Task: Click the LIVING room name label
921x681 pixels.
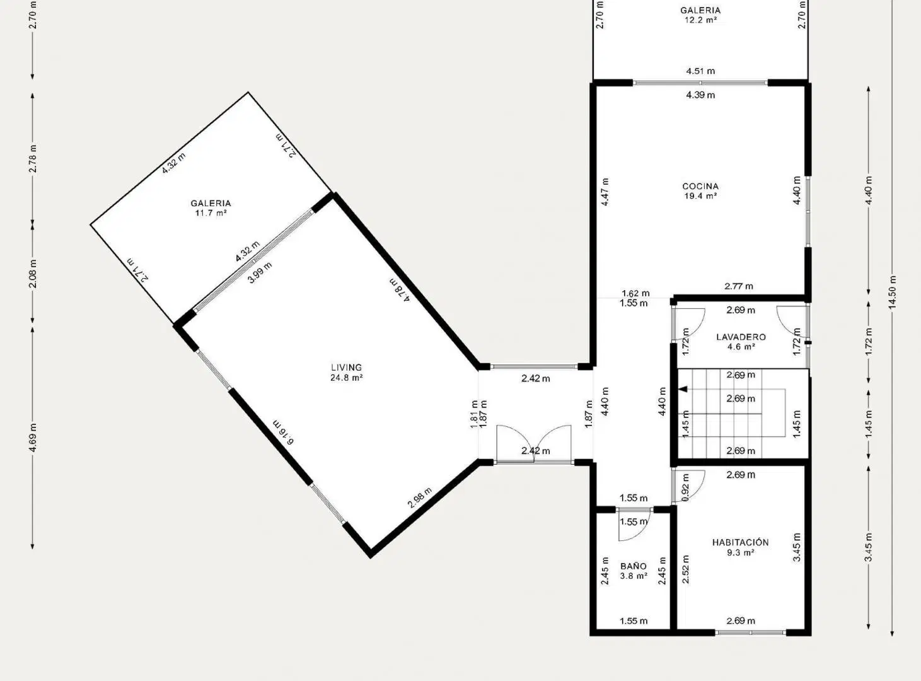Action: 346,368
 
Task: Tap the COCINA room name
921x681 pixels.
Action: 700,186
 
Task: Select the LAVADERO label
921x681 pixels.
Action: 741,337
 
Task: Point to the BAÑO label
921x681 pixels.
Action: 634,566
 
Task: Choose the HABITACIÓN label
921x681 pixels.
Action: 740,542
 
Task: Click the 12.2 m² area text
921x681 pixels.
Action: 700,20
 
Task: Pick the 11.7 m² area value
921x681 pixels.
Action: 211,213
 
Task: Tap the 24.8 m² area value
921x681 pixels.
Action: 346,378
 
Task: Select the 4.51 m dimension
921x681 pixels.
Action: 700,71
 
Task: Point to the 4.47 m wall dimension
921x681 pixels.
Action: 605,192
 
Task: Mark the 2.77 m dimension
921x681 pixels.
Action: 739,286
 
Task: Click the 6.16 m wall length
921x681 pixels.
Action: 284,432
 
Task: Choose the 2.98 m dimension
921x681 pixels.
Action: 420,498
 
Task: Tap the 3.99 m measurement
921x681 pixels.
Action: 260,272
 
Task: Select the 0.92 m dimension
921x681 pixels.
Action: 685,487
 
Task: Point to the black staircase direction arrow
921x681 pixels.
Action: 683,389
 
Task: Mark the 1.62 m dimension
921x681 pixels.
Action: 635,293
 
